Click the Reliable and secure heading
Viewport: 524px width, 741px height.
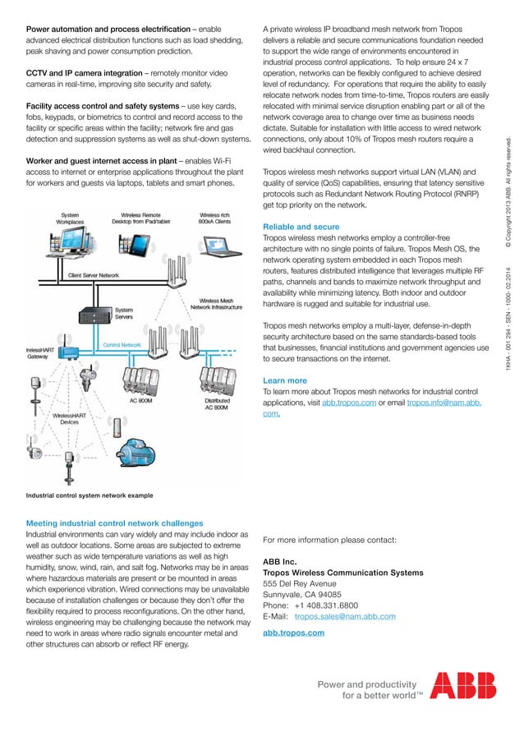click(x=300, y=227)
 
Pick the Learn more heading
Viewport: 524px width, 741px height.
click(x=284, y=381)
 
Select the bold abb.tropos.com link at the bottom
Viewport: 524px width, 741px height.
click(x=292, y=633)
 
